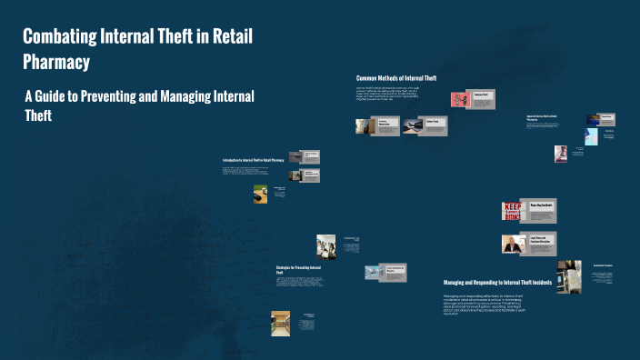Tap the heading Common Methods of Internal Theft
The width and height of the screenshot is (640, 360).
(395, 78)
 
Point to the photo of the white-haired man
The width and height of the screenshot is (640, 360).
(512, 244)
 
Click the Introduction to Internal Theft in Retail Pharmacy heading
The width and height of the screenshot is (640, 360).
(259, 161)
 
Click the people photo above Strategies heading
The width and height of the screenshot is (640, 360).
(325, 245)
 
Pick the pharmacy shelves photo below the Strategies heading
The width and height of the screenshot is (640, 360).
(280, 321)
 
